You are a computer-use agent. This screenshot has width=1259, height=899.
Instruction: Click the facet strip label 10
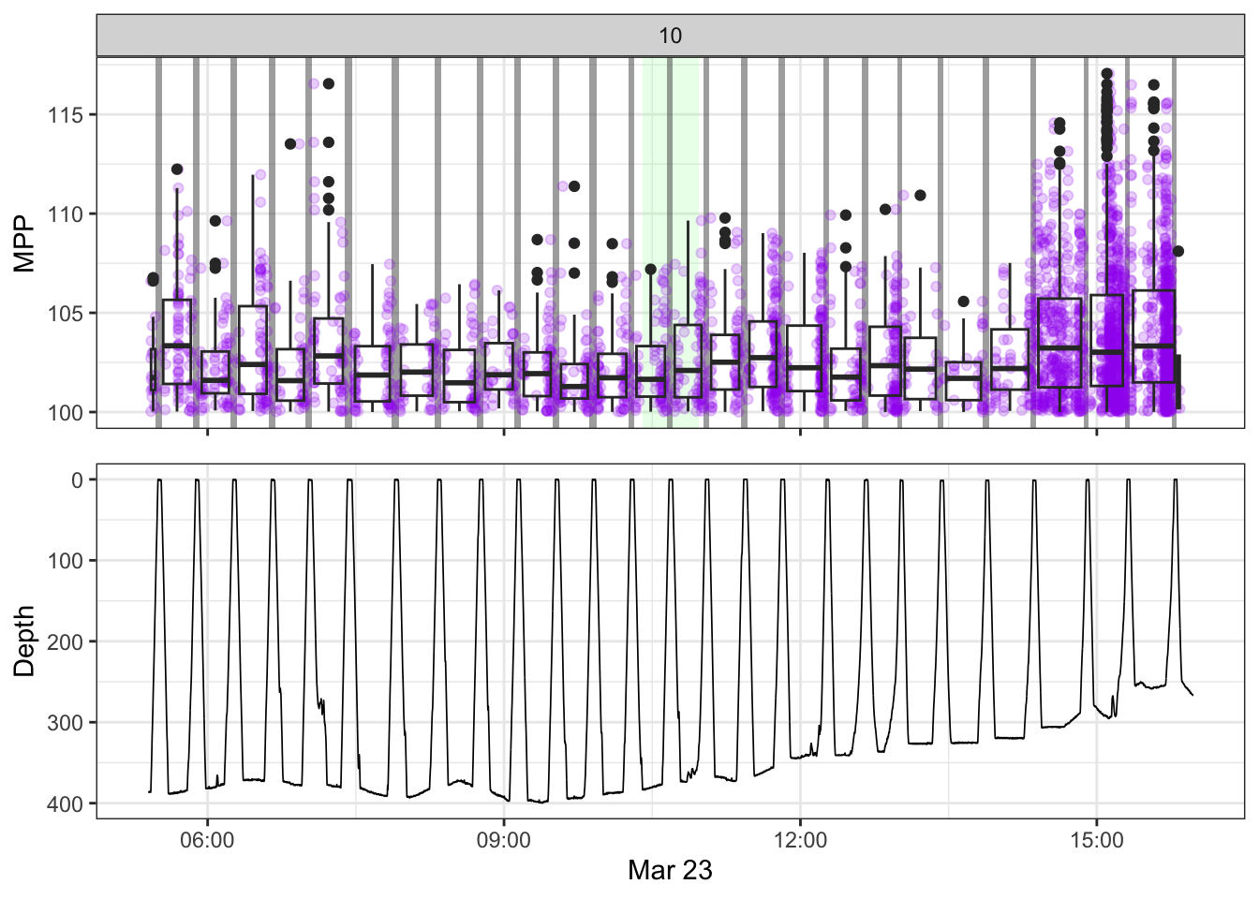point(671,36)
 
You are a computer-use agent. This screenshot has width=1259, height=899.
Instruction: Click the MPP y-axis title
point(25,243)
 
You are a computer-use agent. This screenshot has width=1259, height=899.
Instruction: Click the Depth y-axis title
point(25,641)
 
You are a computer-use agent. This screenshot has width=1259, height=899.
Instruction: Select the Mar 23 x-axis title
point(671,870)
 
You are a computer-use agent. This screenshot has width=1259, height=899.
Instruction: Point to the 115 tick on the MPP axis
point(66,115)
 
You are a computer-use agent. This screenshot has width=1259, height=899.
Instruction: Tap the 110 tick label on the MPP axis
point(66,214)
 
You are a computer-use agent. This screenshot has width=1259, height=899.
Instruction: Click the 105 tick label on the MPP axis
point(66,313)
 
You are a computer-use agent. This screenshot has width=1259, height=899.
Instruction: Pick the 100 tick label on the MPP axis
point(66,412)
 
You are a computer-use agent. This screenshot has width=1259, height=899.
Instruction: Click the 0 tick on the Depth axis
point(78,479)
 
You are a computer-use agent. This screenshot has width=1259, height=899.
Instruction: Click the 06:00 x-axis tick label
point(207,840)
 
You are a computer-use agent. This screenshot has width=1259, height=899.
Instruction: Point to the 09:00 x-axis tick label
point(504,840)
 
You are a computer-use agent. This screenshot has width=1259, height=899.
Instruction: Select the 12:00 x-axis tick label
point(800,840)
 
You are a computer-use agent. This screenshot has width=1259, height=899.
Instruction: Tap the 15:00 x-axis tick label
point(1097,840)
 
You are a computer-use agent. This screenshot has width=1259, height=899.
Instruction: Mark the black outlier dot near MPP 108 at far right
point(1178,251)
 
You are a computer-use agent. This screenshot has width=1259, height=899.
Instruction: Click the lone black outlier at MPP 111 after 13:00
point(920,195)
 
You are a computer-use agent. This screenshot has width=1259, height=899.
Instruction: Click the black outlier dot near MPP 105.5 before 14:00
point(963,302)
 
